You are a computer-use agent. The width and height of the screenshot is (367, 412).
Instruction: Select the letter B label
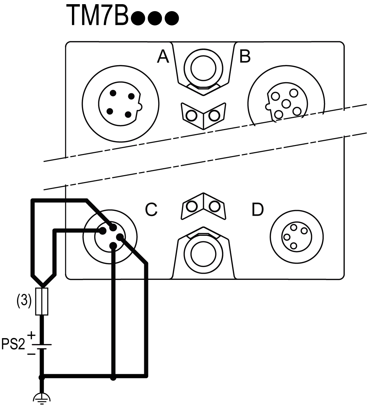[x=245, y=57]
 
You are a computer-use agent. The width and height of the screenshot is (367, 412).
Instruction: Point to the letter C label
[x=151, y=209]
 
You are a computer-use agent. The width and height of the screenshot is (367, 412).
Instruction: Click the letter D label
[x=257, y=209]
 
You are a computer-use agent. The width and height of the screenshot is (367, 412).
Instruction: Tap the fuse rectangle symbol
[x=42, y=301]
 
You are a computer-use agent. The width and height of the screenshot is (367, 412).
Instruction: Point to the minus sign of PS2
[x=31, y=354]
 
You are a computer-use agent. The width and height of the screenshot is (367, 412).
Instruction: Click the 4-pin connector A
[x=120, y=103]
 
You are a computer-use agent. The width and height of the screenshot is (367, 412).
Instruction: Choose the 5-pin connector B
[x=286, y=103]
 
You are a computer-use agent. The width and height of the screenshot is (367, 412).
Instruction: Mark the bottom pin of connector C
[x=113, y=246]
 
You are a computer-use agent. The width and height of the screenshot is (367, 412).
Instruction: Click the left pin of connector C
[x=103, y=231]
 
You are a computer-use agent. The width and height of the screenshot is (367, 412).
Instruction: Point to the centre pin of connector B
[x=286, y=103]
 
